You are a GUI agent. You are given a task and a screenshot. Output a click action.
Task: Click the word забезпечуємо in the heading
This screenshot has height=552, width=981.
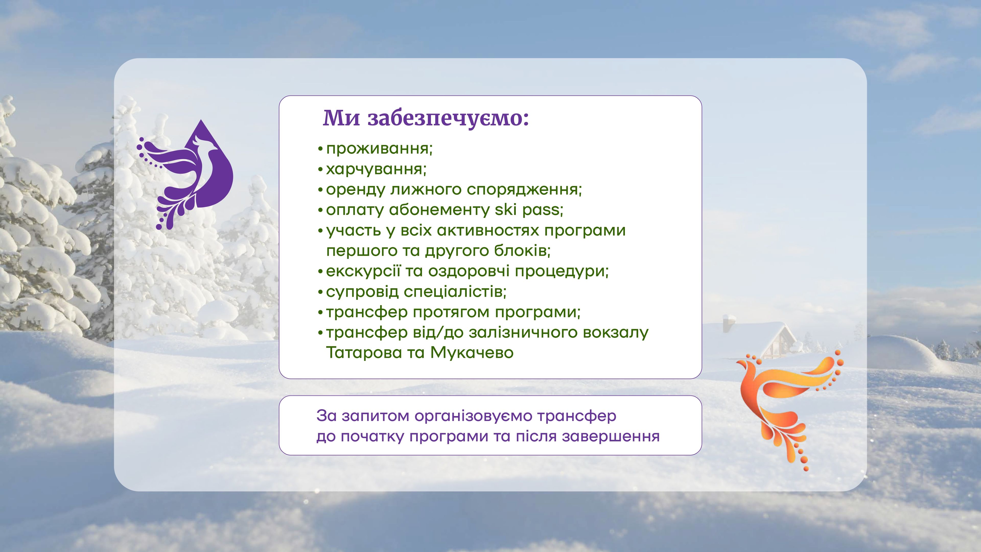coord(448,119)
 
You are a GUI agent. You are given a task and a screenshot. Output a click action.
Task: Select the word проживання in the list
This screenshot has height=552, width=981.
coord(379,148)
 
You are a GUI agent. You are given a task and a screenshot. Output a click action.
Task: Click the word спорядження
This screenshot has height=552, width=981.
coord(524,189)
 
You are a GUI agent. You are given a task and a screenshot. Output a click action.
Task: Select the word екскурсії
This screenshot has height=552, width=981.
coord(363,271)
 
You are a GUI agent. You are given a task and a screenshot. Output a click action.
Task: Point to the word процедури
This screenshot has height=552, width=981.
coord(562,271)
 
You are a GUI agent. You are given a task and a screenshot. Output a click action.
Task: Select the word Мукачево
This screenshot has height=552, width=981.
coord(472,352)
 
